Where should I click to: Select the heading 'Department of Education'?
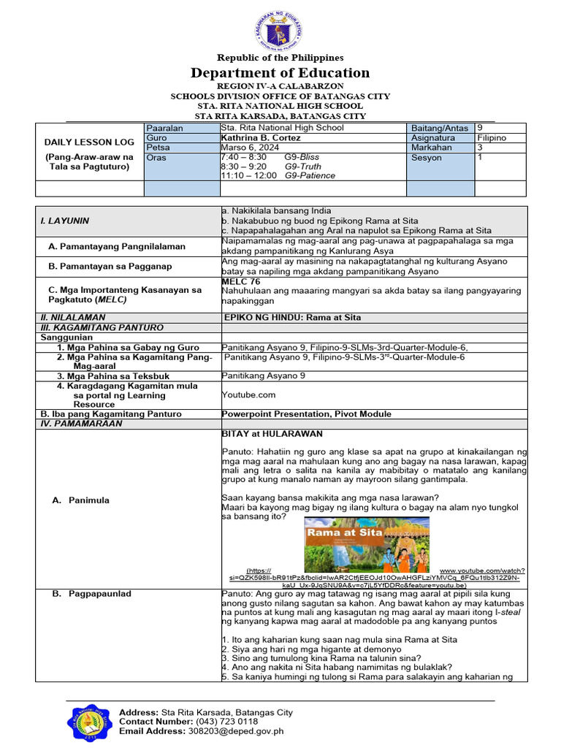pyautogui.click(x=280, y=72)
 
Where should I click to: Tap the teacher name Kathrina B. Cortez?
pyautogui.click(x=259, y=137)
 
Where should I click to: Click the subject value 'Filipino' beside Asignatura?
pyautogui.click(x=492, y=137)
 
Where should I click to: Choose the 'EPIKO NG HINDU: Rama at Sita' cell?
pyautogui.click(x=291, y=318)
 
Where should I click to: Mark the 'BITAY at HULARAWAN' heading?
pyautogui.click(x=272, y=434)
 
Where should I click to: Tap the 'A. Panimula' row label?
pyautogui.click(x=88, y=500)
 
